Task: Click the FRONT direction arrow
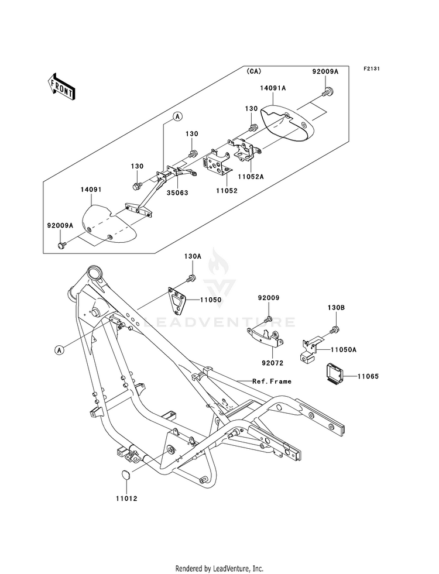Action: (x=61, y=86)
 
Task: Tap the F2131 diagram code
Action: (x=371, y=68)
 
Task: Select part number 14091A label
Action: (x=273, y=88)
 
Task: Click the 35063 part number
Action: (x=177, y=193)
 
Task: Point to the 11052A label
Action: (x=251, y=177)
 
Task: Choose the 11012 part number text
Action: (x=126, y=499)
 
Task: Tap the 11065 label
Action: (x=368, y=376)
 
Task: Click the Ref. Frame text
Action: (x=272, y=381)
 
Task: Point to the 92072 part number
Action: (x=273, y=363)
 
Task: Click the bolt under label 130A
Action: (x=190, y=278)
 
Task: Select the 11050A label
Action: (x=344, y=349)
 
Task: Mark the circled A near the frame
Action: (x=59, y=350)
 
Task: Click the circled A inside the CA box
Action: (x=177, y=116)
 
